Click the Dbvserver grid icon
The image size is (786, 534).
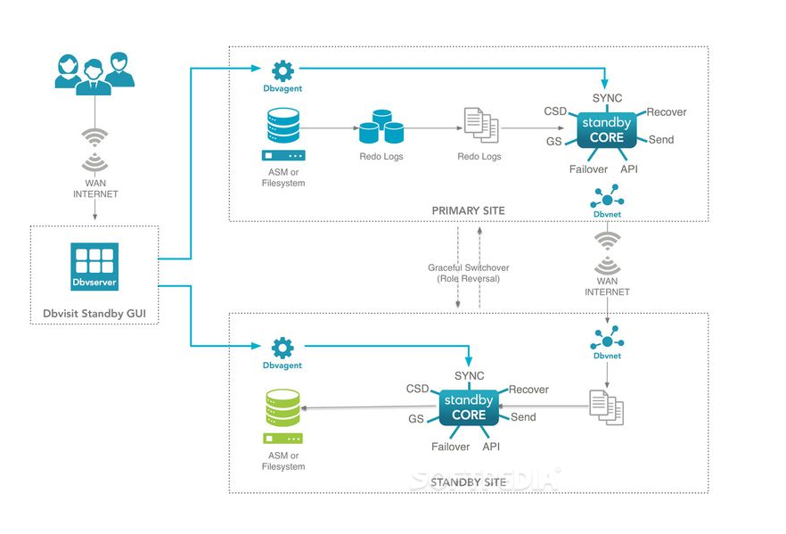point(94,260)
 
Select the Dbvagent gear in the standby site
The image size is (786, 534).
point(282,347)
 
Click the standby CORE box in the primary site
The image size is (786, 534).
point(607,129)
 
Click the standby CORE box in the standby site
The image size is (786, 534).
point(469,407)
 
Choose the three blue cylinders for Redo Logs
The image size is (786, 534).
point(381,127)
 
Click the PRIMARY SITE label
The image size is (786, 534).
point(469,211)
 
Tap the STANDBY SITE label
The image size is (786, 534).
point(469,482)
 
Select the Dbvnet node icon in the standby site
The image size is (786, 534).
point(607,338)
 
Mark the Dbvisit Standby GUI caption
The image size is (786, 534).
point(94,314)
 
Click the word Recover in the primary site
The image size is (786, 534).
point(667,112)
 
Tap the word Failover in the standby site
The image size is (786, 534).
point(450,447)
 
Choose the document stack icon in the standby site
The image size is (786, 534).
point(606,407)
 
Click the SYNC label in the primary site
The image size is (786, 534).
point(607,97)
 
